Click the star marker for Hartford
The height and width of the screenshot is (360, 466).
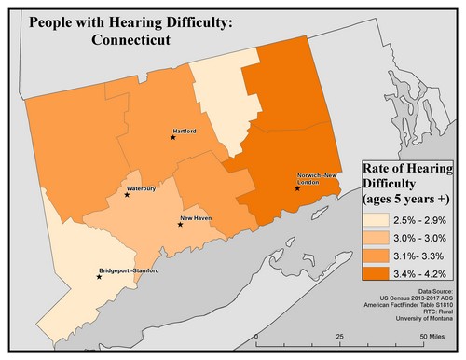(x=172, y=138)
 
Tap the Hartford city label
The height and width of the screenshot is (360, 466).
(x=184, y=132)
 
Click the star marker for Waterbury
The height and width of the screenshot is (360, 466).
(x=128, y=195)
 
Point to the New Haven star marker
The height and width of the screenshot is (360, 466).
(x=180, y=225)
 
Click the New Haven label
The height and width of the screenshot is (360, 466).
(x=194, y=218)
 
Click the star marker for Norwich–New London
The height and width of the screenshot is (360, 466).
(x=297, y=188)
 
